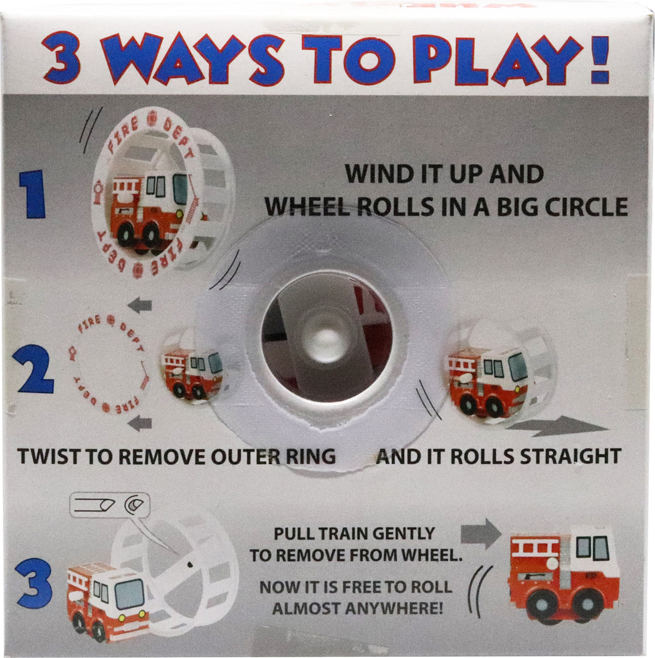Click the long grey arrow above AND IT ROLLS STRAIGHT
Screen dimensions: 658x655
tap(556, 428)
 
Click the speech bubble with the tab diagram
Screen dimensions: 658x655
tap(110, 505)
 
